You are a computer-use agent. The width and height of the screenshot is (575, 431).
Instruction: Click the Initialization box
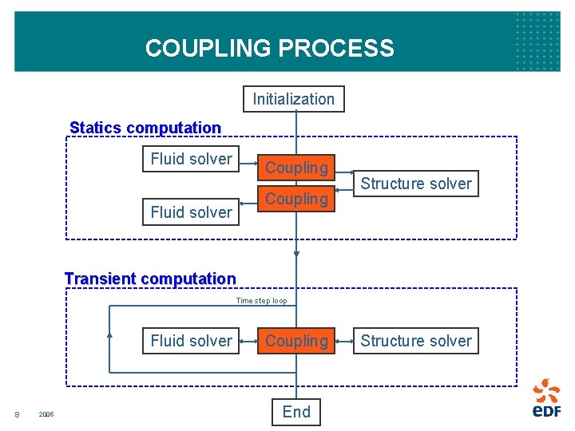tap(294, 99)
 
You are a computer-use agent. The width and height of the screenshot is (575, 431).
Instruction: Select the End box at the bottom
tap(296, 412)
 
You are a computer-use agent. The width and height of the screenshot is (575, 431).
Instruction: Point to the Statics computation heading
tap(145, 128)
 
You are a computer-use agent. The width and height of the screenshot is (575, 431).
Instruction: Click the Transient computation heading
tap(150, 279)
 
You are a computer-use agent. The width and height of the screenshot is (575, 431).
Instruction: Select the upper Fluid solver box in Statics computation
tap(191, 159)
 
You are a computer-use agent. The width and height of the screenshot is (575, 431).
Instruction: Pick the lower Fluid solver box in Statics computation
tap(191, 212)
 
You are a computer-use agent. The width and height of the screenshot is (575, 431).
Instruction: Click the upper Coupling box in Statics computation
tap(296, 168)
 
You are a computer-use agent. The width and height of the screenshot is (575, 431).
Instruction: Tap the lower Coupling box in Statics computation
tap(296, 199)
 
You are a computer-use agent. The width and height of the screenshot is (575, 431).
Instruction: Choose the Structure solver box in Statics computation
tap(416, 184)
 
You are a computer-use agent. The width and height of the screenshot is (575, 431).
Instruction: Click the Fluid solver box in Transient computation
tap(191, 341)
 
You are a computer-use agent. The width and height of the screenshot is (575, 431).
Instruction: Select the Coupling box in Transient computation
tap(296, 341)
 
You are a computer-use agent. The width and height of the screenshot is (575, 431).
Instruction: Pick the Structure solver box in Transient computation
tap(416, 341)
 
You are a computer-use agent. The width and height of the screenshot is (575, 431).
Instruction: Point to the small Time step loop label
tap(261, 301)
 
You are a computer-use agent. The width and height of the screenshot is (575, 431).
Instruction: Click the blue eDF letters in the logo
tap(547, 411)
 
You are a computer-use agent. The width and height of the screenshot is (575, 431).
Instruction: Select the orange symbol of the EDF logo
tap(547, 390)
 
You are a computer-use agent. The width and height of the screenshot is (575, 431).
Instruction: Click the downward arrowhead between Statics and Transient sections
tap(296, 255)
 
